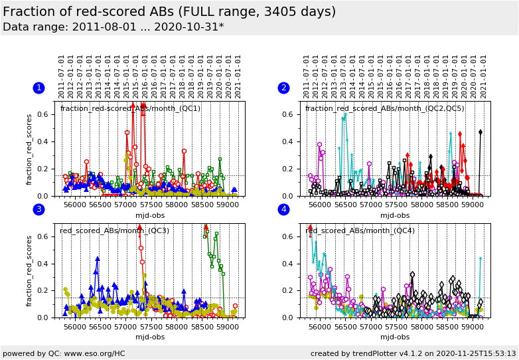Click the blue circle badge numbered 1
38,88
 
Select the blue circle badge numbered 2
283,88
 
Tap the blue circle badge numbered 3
38,210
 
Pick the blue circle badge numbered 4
283,210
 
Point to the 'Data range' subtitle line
113,27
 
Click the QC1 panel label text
130,109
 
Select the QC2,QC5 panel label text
385,109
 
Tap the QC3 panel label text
114,231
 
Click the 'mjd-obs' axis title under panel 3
149,337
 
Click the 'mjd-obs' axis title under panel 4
395,337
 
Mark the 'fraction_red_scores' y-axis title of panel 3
29,270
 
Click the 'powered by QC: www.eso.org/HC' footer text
64,353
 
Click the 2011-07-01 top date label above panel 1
62,76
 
